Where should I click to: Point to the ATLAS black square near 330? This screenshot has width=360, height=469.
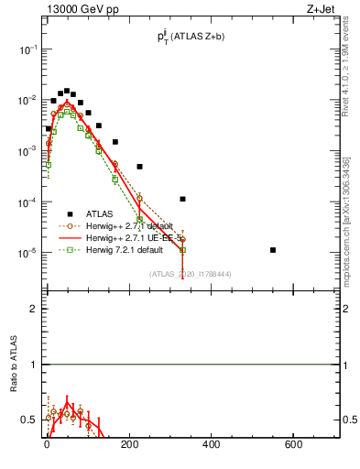click(183, 199)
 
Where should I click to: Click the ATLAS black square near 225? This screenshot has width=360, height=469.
click(140, 167)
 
